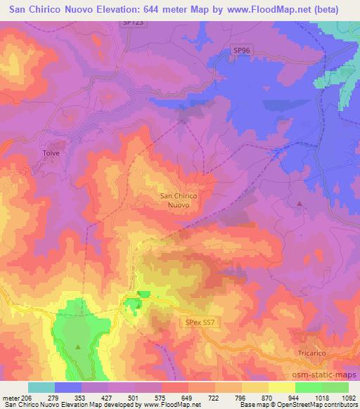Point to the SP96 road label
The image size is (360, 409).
[x=241, y=51]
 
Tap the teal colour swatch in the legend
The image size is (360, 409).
[x=41, y=387]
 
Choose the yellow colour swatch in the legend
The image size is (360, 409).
[x=282, y=387]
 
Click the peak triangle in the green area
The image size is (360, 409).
[x=79, y=347]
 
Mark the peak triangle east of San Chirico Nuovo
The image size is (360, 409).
[x=300, y=204]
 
